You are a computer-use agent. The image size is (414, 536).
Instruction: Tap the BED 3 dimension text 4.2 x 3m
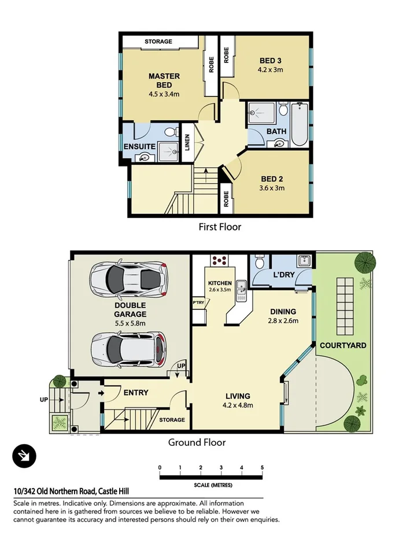tap(270, 70)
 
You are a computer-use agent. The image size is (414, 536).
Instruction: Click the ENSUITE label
tap(139, 147)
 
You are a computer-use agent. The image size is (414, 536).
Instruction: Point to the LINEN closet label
tap(187, 143)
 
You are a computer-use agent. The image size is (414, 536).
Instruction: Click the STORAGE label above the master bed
tap(158, 42)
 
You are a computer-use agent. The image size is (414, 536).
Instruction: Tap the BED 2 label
tap(271, 179)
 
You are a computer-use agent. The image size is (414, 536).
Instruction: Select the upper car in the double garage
tap(128, 278)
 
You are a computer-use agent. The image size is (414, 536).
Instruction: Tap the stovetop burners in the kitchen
tap(219, 261)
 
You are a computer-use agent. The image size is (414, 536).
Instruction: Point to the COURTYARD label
tap(343, 345)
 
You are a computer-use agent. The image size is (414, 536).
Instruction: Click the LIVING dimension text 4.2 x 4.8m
tap(238, 405)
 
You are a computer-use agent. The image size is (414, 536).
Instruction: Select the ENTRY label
tap(136, 393)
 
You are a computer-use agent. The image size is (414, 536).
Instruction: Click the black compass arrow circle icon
tap(24, 457)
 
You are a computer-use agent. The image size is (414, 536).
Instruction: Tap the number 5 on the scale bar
tap(262, 467)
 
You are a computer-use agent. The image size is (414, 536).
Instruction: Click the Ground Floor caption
tap(197, 442)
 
